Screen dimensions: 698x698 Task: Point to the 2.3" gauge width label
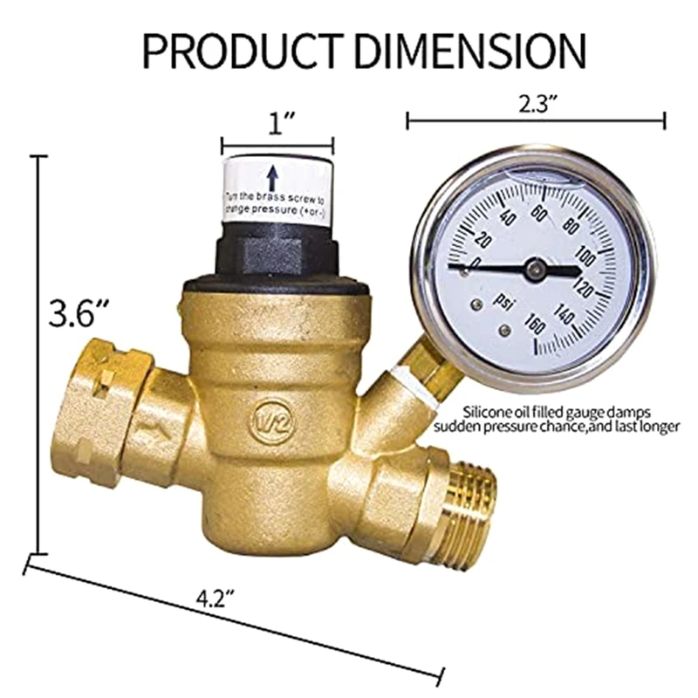[x=535, y=103]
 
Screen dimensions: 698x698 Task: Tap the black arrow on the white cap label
[x=272, y=178]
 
